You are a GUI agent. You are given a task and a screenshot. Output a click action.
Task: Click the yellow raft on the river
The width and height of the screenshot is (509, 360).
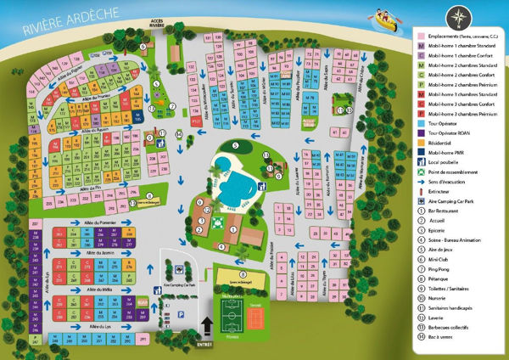383,17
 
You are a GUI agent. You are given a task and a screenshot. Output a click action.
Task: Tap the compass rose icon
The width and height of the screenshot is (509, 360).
458,14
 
